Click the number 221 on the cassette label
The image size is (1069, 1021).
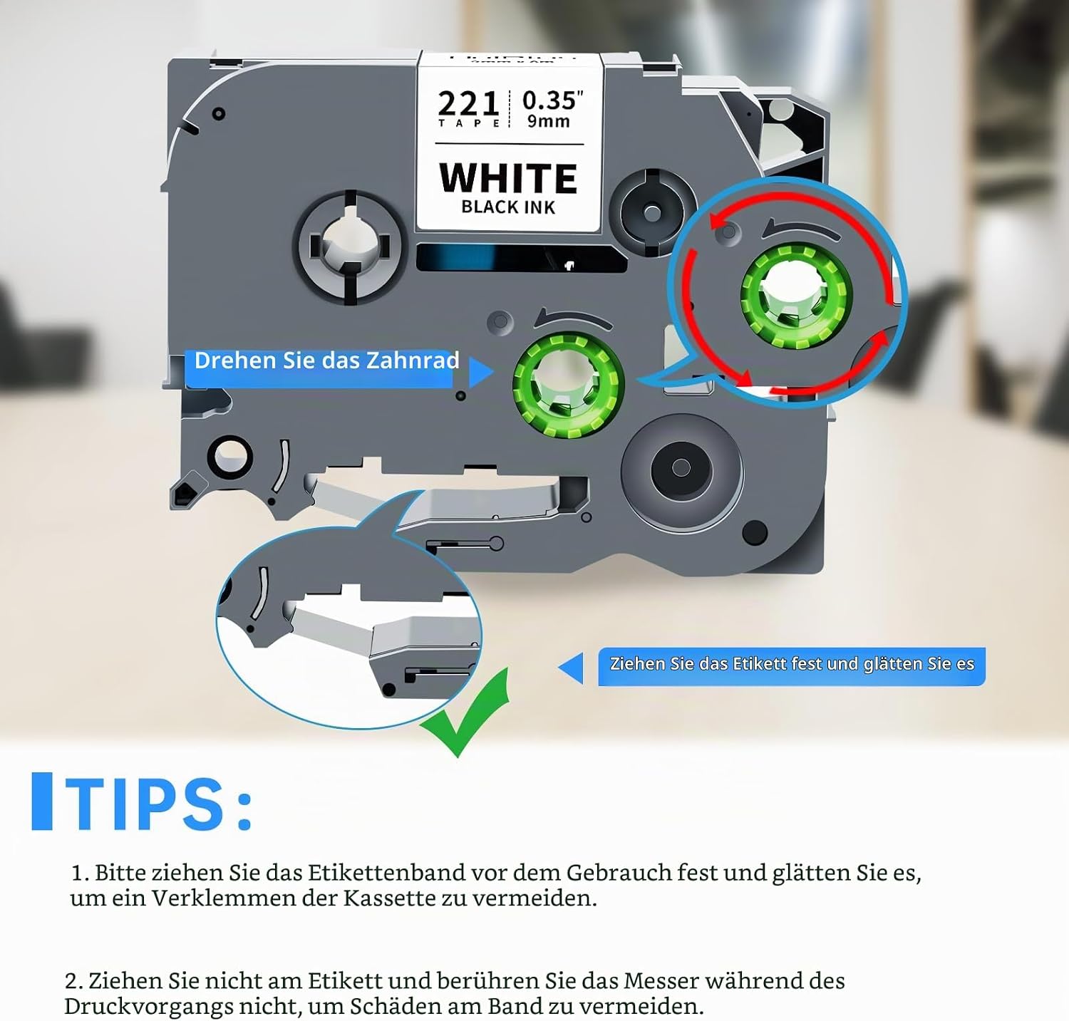tap(468, 103)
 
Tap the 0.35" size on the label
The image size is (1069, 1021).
tap(553, 100)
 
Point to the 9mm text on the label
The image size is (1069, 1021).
tap(548, 121)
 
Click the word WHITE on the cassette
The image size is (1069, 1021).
tap(508, 178)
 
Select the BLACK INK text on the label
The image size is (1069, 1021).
tap(508, 207)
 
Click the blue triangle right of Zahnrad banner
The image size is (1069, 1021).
tap(480, 373)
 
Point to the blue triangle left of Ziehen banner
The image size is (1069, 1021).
tap(571, 669)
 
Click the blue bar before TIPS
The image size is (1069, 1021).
tap(42, 802)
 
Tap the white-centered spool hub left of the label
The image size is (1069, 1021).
tap(351, 247)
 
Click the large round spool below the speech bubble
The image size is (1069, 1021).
tap(681, 468)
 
